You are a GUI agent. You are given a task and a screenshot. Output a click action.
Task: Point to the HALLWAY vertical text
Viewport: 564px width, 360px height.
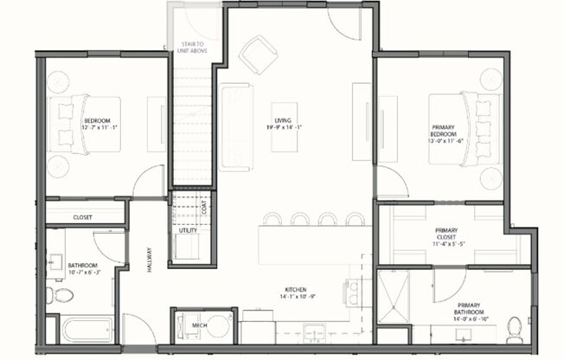pos(149,257)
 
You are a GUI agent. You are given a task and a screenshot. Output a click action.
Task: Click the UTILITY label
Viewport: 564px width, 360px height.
pos(187,231)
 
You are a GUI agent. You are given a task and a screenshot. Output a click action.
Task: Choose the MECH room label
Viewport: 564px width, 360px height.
pos(198,325)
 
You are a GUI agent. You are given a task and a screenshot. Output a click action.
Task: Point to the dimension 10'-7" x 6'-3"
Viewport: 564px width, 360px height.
pos(83,273)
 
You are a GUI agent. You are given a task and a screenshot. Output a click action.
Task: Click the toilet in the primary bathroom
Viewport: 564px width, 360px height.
pos(513,328)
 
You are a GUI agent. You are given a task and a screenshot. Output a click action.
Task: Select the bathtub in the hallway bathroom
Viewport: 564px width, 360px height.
pos(85,330)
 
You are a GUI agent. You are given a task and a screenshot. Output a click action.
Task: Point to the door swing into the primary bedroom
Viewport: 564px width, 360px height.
pos(392,181)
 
